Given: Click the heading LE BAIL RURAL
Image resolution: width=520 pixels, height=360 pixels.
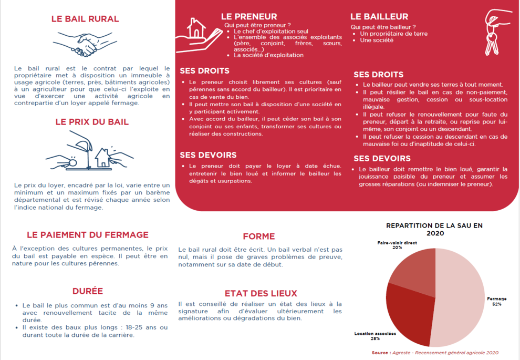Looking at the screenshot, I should pyautogui.click(x=85, y=19).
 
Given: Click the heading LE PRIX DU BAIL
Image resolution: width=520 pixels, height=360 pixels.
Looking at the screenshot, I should pyautogui.click(x=92, y=122).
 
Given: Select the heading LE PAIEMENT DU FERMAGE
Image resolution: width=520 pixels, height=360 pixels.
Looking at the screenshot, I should pyautogui.click(x=88, y=235).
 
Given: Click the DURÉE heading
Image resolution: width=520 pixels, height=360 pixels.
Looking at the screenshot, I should pyautogui.click(x=88, y=291).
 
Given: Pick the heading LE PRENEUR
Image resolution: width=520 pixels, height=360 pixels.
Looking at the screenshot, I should pyautogui.click(x=249, y=17).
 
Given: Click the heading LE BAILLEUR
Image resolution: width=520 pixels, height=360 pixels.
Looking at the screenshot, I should pyautogui.click(x=379, y=17).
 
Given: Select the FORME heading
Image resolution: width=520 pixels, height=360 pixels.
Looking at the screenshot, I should pyautogui.click(x=259, y=236).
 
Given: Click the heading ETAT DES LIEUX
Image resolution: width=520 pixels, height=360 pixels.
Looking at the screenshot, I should pyautogui.click(x=261, y=294).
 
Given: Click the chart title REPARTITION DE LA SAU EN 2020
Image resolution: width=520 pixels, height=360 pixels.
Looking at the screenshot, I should pyautogui.click(x=434, y=229).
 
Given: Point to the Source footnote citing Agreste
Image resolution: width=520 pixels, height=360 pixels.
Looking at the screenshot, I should pyautogui.click(x=435, y=353).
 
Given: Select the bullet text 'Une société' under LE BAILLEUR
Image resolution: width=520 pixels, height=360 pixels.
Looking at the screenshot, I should pyautogui.click(x=377, y=40).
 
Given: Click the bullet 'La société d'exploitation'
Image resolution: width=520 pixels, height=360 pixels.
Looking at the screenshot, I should pyautogui.click(x=268, y=55).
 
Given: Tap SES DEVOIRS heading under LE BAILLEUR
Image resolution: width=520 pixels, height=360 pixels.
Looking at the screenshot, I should pyautogui.click(x=382, y=158).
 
